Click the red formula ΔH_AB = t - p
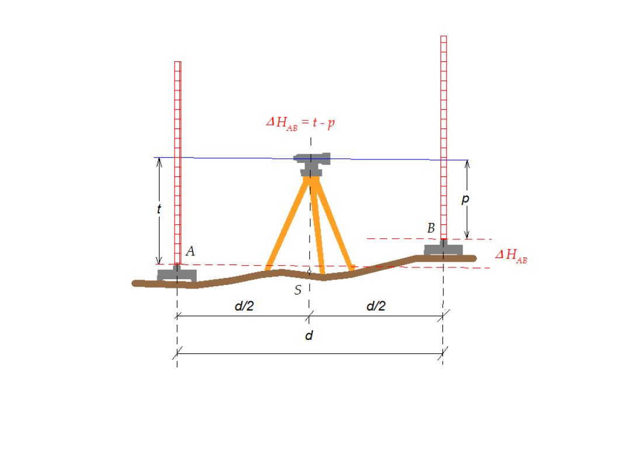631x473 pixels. [x=300, y=123]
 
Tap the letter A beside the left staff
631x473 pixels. [x=190, y=251]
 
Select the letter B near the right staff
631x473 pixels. [x=431, y=228]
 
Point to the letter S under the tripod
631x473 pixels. [x=298, y=290]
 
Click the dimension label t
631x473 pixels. [x=159, y=208]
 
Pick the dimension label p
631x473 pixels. [x=465, y=199]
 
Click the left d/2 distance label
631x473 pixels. [x=244, y=306]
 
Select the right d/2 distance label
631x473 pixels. [x=376, y=306]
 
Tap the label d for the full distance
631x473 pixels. [x=309, y=335]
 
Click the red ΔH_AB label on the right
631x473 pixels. [x=511, y=256]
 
